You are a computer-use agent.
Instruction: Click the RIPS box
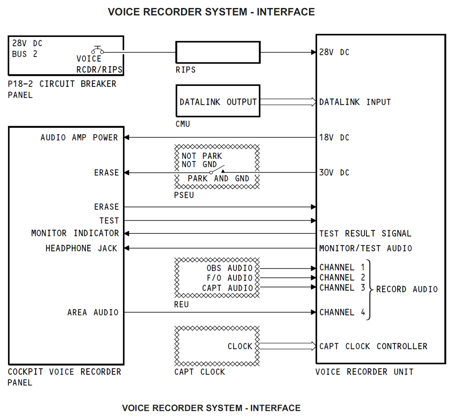point(218,52)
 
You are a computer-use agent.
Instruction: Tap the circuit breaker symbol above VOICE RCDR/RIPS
point(98,50)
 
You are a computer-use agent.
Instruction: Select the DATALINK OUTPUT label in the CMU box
point(218,102)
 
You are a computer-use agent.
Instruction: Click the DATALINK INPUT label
point(355,102)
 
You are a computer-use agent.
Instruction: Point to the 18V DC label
point(334,137)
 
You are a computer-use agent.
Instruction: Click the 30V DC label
point(334,172)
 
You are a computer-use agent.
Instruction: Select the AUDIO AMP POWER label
point(79,137)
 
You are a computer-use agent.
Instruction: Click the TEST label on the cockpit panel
point(109,220)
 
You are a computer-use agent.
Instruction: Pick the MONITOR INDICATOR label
point(75,233)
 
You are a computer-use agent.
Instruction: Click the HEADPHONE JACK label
point(81,248)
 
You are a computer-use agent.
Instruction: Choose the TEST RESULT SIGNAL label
point(365,233)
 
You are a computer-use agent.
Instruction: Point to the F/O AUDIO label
point(229,278)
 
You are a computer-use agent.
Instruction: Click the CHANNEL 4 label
point(342,312)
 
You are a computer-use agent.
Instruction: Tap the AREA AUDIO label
point(93,312)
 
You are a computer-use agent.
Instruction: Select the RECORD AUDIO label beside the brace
point(406,289)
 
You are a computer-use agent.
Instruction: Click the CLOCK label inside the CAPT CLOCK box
point(240,346)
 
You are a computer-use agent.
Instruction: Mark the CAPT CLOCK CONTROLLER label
point(373,346)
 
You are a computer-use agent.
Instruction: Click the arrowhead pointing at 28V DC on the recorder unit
point(313,52)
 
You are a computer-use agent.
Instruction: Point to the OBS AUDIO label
point(229,268)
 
